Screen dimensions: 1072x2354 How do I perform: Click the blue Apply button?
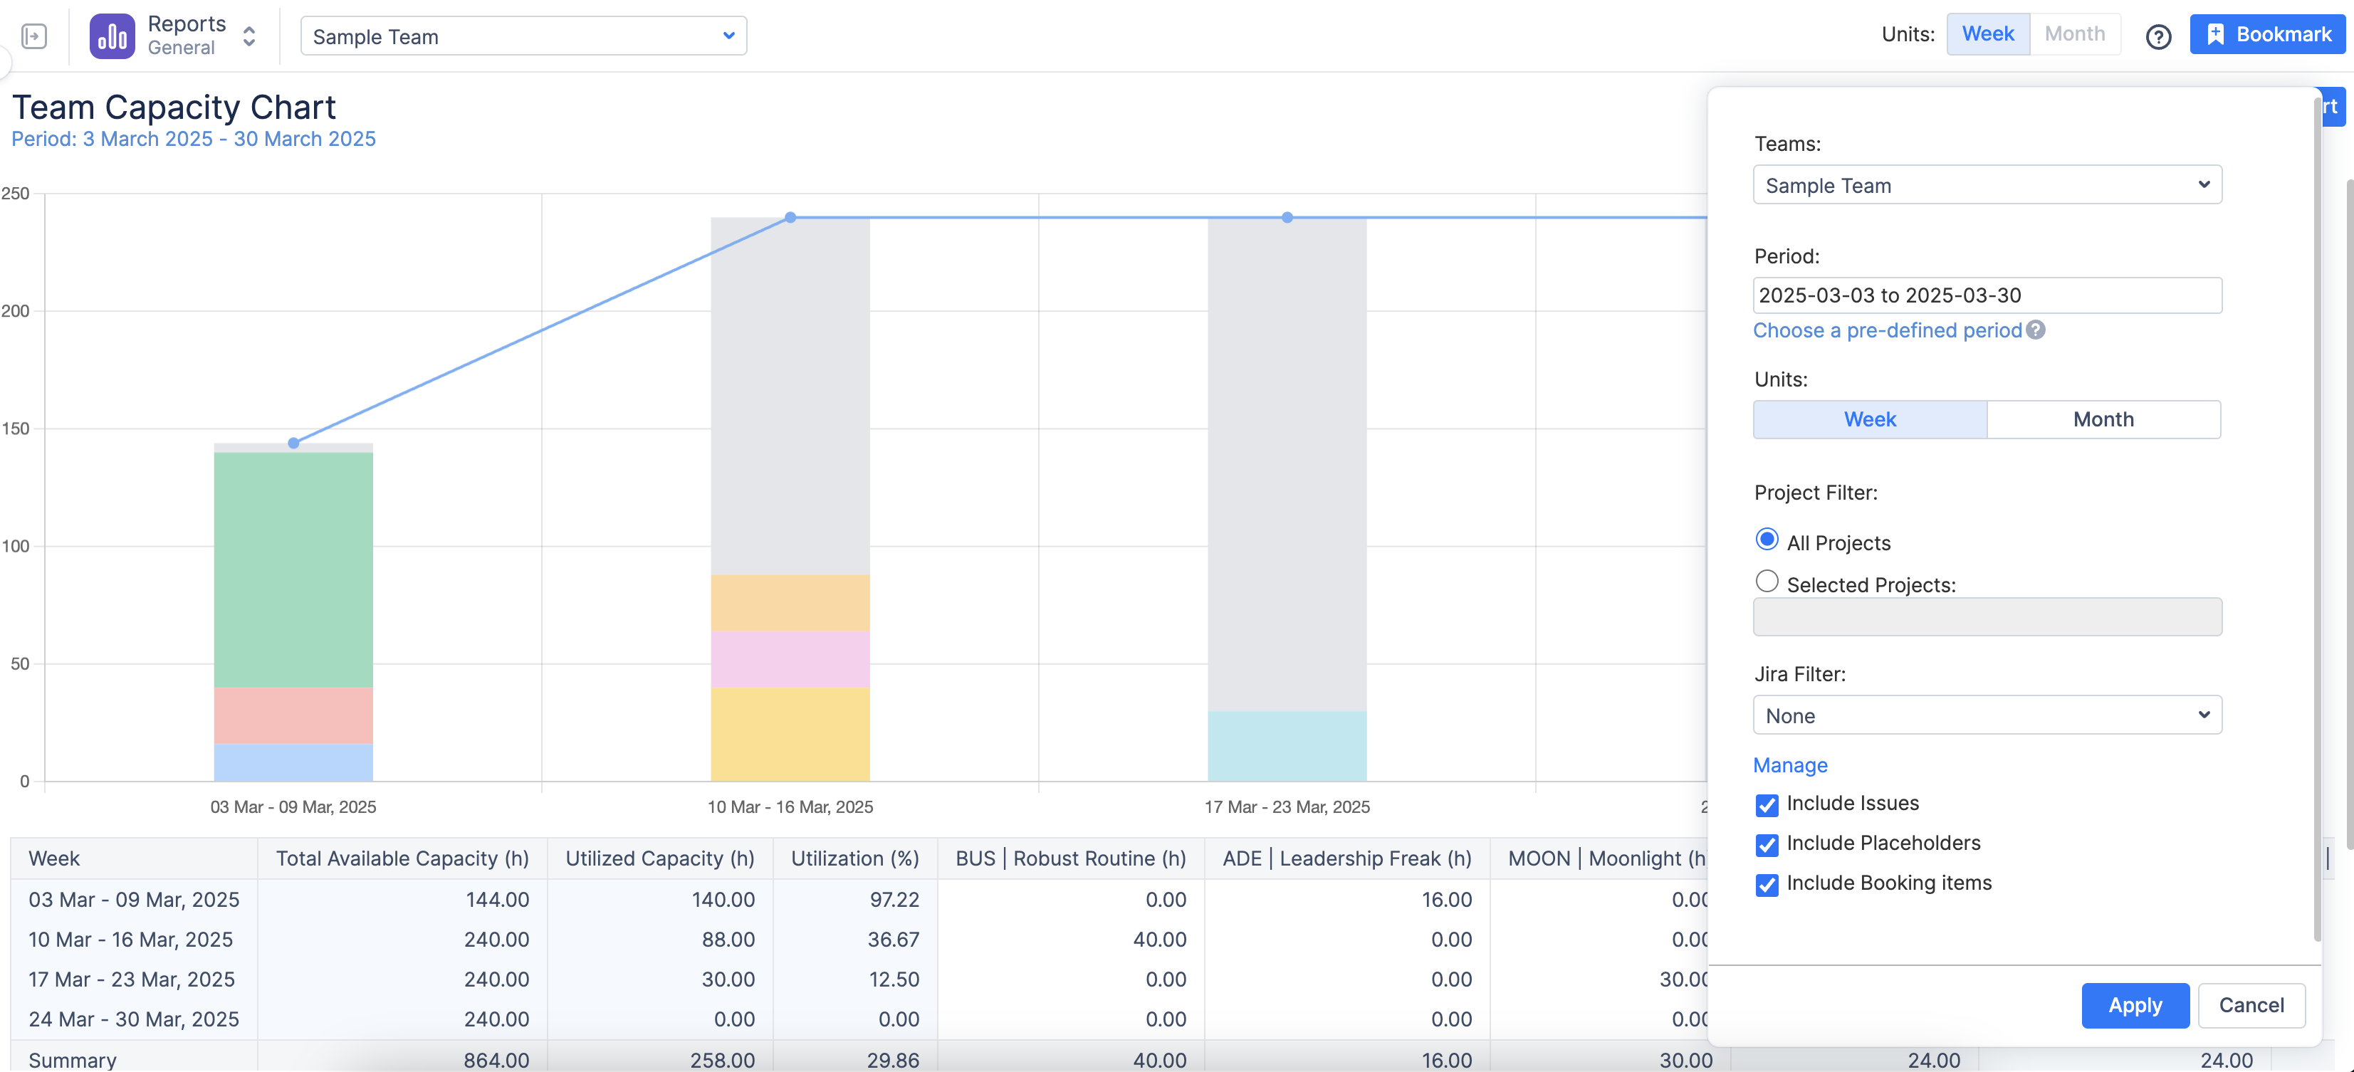[2134, 1005]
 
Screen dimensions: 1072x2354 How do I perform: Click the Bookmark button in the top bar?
[2267, 35]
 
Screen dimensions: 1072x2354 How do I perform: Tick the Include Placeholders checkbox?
[1767, 844]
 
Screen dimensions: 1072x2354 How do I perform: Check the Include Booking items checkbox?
[1767, 885]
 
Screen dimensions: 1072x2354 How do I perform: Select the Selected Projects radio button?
[1767, 582]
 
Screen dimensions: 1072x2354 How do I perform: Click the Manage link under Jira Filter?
[1789, 765]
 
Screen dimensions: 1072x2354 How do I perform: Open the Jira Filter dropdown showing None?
[1987, 715]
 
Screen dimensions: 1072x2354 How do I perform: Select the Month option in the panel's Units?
[2103, 419]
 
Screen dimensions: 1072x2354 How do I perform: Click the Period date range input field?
[1987, 295]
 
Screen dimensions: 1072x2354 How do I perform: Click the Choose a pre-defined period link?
[1887, 331]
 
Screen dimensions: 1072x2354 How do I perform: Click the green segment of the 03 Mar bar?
[293, 569]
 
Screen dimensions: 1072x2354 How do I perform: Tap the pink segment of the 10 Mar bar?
[790, 659]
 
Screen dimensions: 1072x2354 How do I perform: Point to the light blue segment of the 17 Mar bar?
[1287, 746]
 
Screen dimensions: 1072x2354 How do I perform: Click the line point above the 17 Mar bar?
[1287, 218]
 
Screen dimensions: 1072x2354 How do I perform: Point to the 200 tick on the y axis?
[16, 311]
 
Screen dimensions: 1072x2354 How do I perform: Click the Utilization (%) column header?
[854, 858]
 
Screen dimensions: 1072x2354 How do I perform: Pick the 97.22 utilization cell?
[894, 899]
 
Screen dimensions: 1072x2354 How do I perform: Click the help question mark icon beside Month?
[2157, 36]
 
